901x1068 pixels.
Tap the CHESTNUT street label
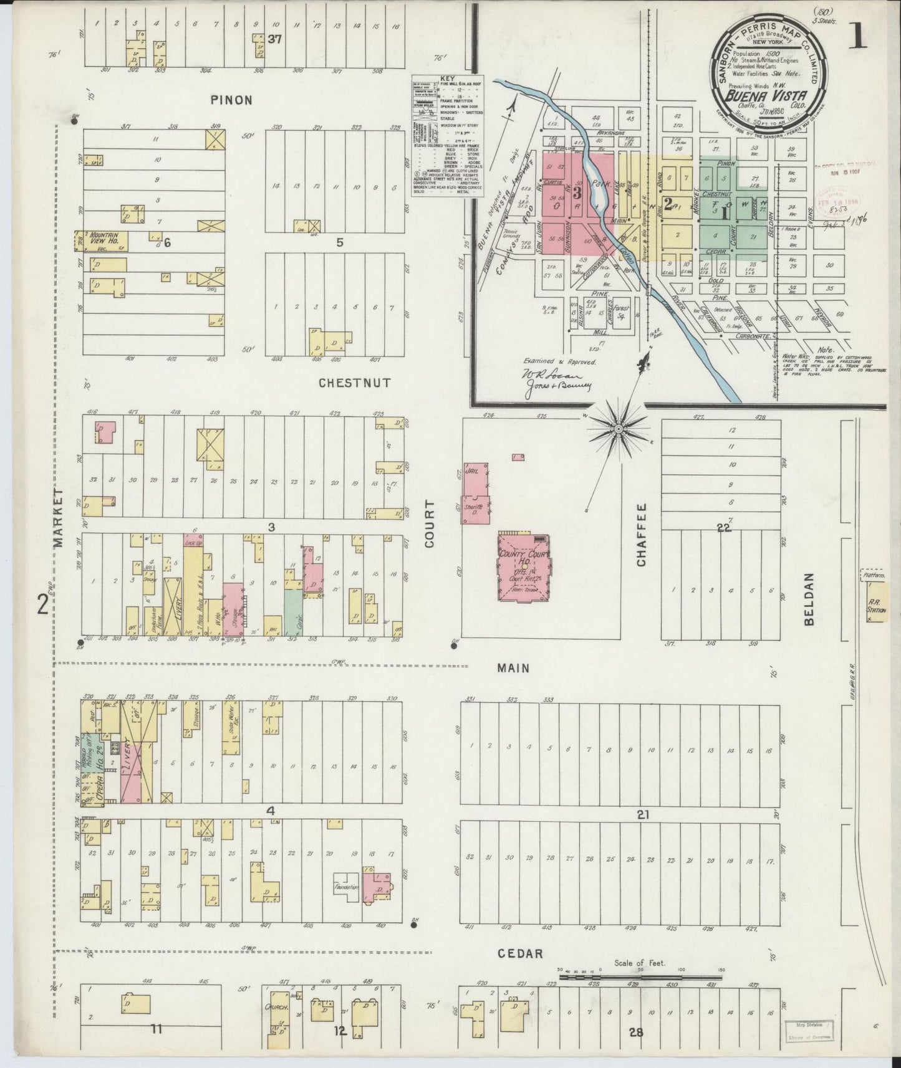(355, 383)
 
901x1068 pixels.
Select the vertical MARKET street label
(60, 517)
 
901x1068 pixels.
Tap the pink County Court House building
(524, 565)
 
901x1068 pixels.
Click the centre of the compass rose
(618, 429)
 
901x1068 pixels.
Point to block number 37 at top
(274, 39)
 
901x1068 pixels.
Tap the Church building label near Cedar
(276, 1006)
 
